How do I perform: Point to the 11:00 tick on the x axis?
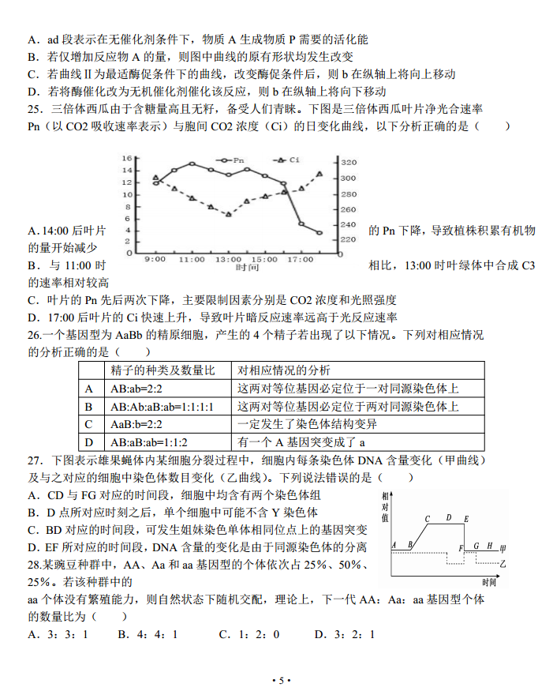[192, 259]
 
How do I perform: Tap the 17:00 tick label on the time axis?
[301, 259]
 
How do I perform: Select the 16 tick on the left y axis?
[127, 159]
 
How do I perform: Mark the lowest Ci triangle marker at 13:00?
[229, 214]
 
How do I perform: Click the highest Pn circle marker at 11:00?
[192, 163]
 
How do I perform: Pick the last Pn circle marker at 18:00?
[319, 232]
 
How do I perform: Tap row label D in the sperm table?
[89, 442]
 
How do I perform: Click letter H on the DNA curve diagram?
[489, 546]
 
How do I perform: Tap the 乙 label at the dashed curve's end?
[503, 564]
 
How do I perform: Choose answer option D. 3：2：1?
[344, 634]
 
